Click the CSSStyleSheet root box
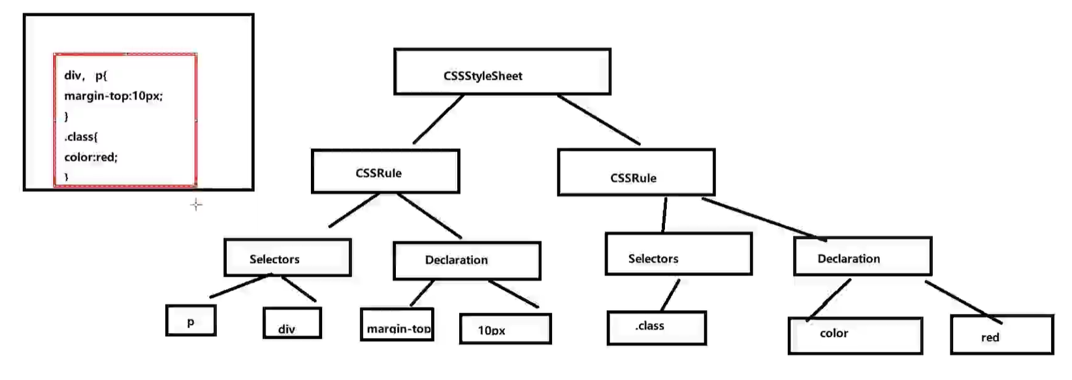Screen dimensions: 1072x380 [x=502, y=71]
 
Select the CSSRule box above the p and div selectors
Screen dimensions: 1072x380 [x=385, y=171]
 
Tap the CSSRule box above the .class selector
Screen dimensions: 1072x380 [x=636, y=172]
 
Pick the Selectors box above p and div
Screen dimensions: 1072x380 [x=287, y=257]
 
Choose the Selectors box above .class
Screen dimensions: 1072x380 [x=678, y=253]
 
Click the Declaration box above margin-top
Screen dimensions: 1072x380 [x=466, y=261]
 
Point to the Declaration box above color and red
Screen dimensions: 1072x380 [x=862, y=256]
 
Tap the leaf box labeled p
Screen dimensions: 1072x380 [x=191, y=320]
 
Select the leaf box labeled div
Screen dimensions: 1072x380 [x=292, y=323]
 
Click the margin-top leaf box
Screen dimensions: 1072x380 [x=397, y=325]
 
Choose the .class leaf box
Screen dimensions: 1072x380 [x=656, y=328]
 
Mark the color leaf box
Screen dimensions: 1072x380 [x=855, y=336]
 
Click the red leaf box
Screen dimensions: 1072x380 [x=1001, y=334]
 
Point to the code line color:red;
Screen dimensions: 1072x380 [x=91, y=157]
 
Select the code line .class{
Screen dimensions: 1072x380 [x=81, y=137]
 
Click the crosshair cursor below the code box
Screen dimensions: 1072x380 [x=196, y=205]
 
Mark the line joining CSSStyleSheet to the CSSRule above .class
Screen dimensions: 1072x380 [x=598, y=119]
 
